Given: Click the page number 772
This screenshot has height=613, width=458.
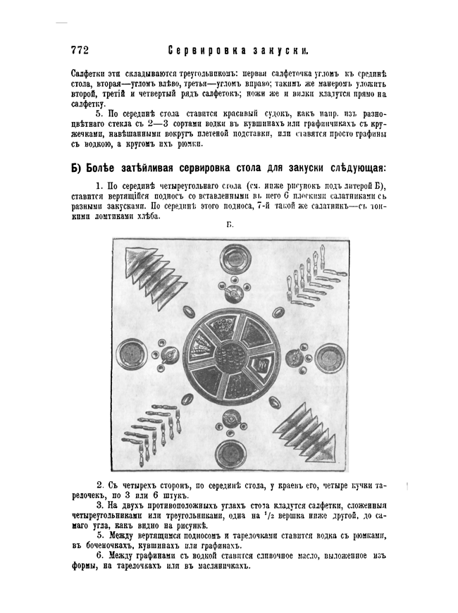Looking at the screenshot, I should [79, 50].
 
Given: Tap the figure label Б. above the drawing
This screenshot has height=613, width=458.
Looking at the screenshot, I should [230, 225].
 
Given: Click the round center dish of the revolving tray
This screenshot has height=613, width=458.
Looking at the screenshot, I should [230, 356].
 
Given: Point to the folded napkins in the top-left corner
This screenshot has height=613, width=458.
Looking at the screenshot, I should [149, 275].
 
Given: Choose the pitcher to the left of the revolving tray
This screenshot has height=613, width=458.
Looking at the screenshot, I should [169, 356].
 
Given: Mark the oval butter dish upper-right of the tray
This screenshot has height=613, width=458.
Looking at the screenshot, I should [278, 311].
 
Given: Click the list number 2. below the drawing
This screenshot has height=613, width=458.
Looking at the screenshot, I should [99, 485].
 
